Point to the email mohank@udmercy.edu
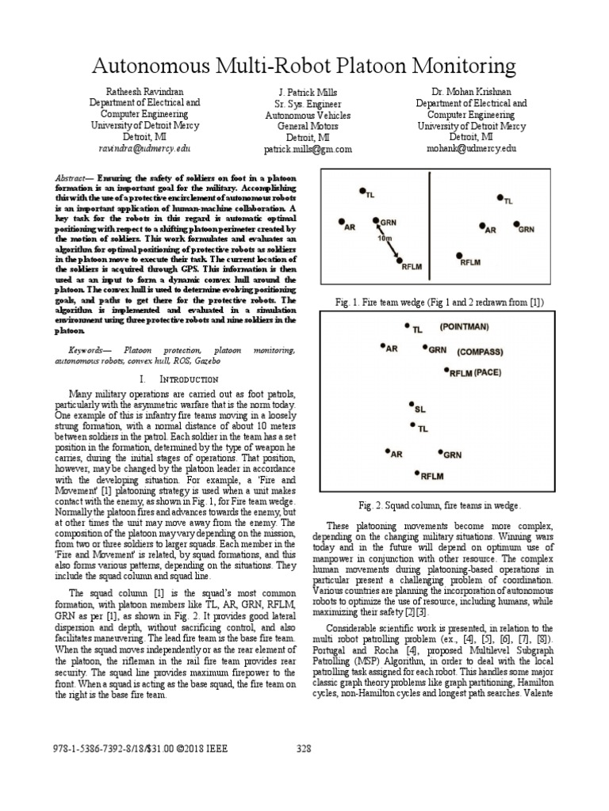point(471,148)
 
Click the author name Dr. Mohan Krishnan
point(472,92)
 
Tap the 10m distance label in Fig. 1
point(385,238)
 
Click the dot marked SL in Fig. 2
point(411,406)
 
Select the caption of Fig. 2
point(441,504)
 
